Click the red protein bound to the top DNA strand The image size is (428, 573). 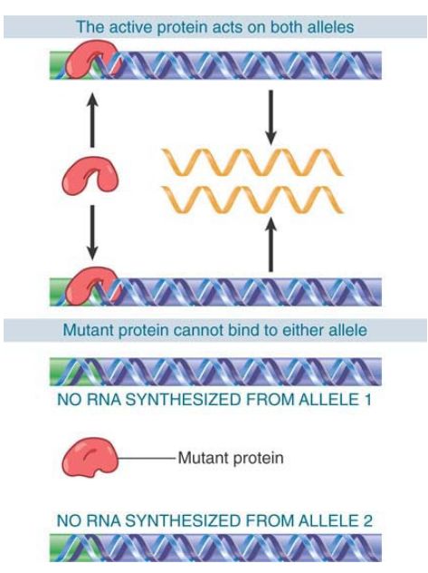92,60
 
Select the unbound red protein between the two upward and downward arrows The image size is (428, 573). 90,175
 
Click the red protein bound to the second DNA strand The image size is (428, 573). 92,286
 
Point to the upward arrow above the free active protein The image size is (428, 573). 92,120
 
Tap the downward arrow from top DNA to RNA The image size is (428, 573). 271,117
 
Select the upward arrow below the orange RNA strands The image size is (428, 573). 271,244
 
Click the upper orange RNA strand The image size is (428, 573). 252,162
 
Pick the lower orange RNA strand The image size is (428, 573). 252,199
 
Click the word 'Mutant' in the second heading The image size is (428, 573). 88,330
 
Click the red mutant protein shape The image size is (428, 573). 90,459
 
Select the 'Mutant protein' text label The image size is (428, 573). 231,458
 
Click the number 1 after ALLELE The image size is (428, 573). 367,400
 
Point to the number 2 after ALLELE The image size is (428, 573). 367,520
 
